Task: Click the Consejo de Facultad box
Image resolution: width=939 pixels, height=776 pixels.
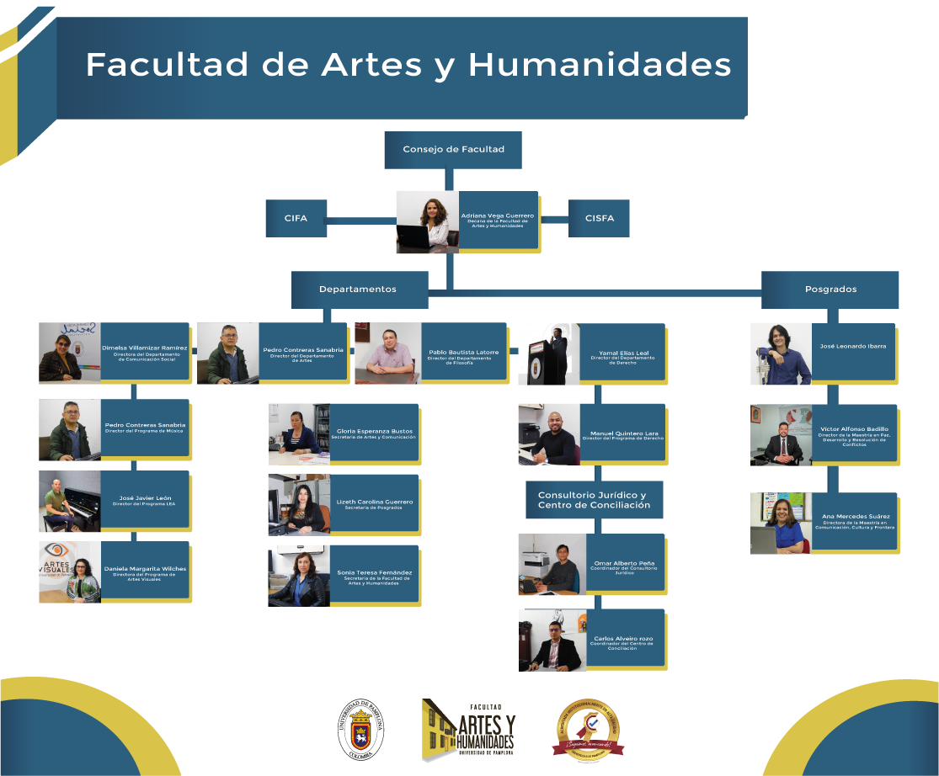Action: (453, 150)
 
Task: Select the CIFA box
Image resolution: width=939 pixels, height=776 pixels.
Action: (296, 219)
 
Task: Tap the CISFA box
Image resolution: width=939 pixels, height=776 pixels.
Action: (599, 219)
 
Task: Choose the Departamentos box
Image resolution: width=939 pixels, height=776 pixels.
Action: (358, 290)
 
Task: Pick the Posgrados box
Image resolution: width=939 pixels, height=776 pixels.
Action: (830, 290)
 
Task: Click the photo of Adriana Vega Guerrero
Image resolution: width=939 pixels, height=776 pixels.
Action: (428, 222)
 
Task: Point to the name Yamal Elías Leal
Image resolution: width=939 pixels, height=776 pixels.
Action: (623, 353)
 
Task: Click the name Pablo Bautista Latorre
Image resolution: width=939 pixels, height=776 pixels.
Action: (463, 352)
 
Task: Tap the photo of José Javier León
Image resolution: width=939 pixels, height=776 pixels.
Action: (69, 501)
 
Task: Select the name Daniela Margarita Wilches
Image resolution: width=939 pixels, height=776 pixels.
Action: (145, 569)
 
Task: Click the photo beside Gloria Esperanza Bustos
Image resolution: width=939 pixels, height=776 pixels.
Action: (299, 434)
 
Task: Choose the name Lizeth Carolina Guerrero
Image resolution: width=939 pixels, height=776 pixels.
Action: (375, 502)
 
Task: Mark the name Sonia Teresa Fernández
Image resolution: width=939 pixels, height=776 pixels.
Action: (375, 572)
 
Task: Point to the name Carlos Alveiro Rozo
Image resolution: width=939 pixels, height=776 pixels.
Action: (623, 638)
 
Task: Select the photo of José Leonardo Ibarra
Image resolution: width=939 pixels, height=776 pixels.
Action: (781, 353)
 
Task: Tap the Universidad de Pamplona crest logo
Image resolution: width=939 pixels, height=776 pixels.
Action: (362, 730)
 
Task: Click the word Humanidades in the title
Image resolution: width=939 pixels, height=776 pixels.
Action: (599, 65)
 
